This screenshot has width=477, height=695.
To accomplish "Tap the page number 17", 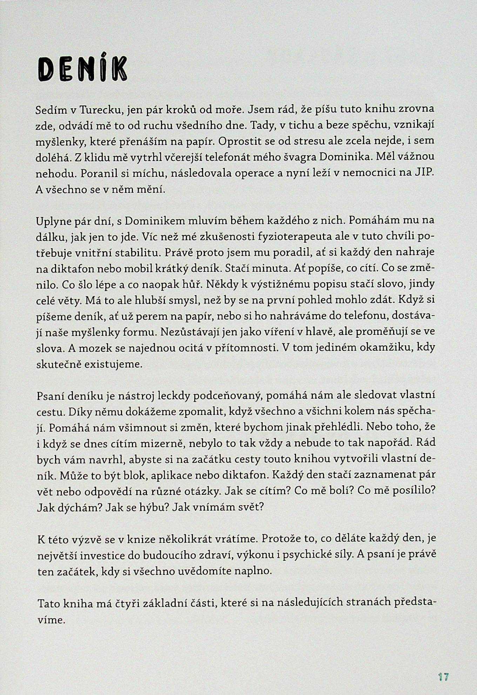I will pos(443,667).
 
